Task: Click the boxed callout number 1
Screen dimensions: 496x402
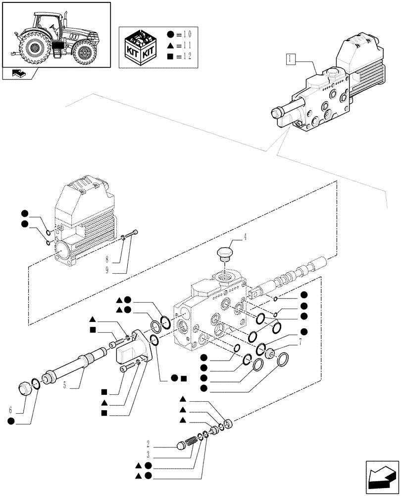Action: [291, 61]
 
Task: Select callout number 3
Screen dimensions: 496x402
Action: [148, 454]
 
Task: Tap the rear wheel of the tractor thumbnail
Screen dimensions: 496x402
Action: [35, 48]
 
